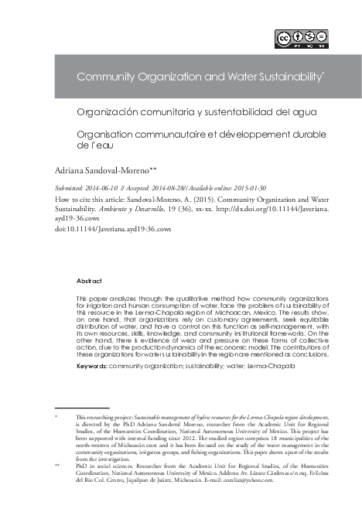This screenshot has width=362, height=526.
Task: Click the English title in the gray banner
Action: tap(199, 78)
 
